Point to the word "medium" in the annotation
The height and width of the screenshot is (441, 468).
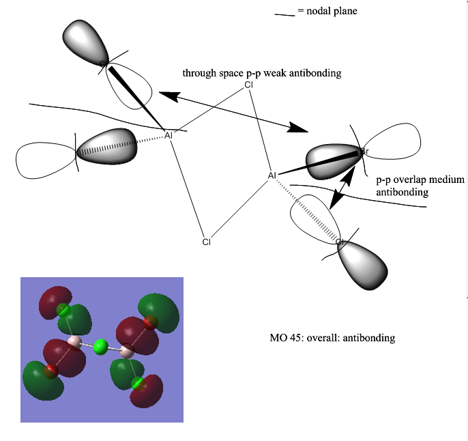pos(450,180)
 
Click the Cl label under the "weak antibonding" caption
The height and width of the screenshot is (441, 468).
pos(249,85)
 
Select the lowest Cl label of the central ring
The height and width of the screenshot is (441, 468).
pos(206,242)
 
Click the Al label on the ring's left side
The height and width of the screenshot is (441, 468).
pos(169,135)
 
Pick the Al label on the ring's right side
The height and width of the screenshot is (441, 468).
pos(272,176)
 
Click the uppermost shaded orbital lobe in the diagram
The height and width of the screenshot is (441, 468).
pos(86,42)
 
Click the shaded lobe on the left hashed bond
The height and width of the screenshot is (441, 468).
pos(106,145)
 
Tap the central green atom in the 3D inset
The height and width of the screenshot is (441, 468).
pos(101,347)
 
